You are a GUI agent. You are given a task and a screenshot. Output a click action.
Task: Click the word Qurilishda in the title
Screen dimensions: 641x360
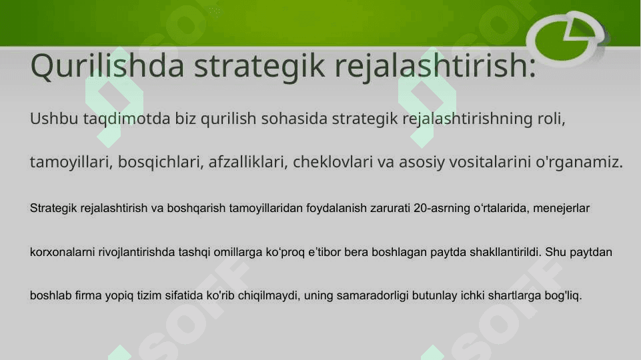(107, 65)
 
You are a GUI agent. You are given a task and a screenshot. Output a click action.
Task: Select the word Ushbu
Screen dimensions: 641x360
(54, 119)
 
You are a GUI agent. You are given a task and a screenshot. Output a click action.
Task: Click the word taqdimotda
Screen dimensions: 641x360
(127, 119)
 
